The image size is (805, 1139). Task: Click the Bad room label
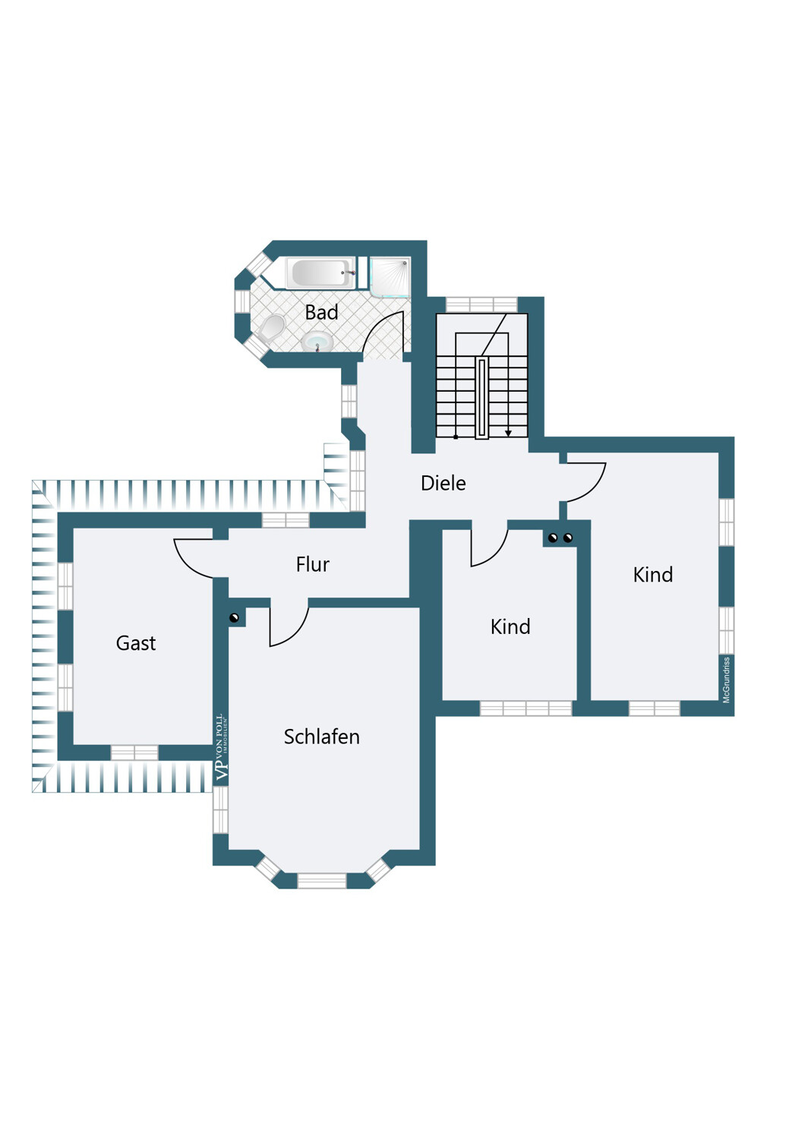click(x=321, y=312)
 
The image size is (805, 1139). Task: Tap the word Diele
click(x=443, y=483)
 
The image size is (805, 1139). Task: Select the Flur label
click(x=312, y=564)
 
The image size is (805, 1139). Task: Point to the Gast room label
click(x=136, y=643)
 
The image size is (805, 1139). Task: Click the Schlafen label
click(x=321, y=737)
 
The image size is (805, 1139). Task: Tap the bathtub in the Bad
click(x=321, y=273)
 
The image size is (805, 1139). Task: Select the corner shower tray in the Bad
click(x=390, y=276)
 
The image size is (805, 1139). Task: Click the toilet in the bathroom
click(x=272, y=327)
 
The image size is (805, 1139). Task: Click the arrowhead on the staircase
click(x=508, y=433)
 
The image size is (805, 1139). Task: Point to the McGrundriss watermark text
click(x=726, y=680)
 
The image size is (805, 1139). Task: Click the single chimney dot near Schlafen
click(x=234, y=618)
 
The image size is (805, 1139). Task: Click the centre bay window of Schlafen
click(x=321, y=880)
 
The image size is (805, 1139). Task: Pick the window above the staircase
click(x=481, y=304)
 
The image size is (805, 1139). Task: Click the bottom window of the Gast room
click(x=134, y=752)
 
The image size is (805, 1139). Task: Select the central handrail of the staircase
click(x=481, y=398)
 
